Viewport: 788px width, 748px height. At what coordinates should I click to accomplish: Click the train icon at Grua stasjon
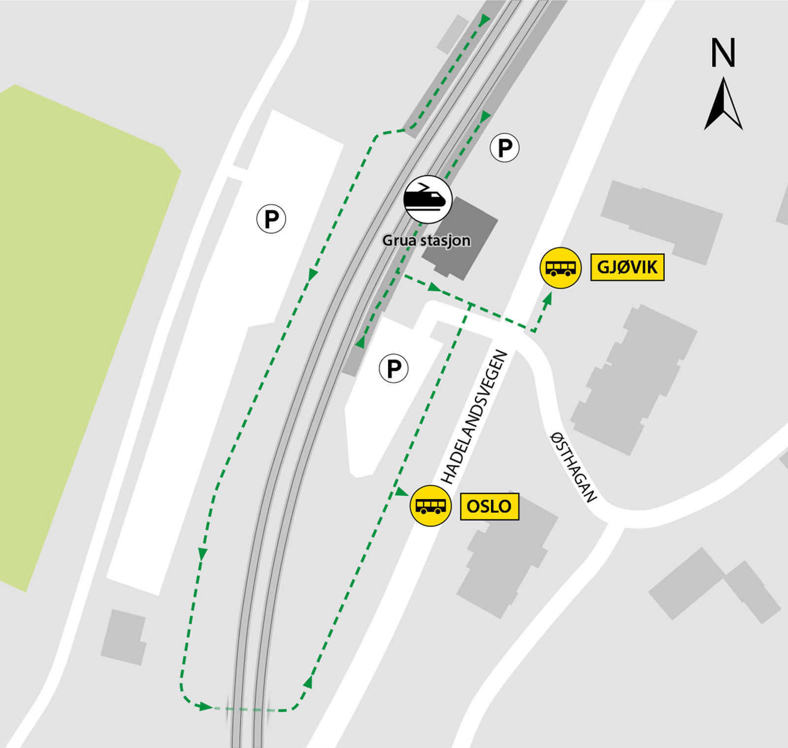[x=427, y=200]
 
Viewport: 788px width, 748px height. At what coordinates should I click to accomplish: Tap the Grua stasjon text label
[x=427, y=241]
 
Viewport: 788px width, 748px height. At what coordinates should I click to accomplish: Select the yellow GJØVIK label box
[x=627, y=268]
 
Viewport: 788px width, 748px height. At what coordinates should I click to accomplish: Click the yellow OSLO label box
[x=489, y=506]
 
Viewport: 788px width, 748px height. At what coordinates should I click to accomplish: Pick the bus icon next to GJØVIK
[x=560, y=268]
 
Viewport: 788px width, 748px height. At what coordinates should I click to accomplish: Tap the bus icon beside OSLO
[x=431, y=506]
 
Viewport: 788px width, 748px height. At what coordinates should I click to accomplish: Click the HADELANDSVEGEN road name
[x=474, y=417]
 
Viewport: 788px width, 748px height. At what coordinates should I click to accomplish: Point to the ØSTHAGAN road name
[x=573, y=467]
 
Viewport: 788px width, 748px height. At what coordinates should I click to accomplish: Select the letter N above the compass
[x=723, y=53]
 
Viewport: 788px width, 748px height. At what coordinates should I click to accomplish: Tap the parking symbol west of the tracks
[x=271, y=218]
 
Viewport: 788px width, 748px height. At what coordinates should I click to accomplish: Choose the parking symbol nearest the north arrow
[x=505, y=147]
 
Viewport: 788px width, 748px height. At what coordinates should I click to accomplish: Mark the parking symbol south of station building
[x=394, y=368]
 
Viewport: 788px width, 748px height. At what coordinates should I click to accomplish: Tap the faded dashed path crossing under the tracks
[x=244, y=710]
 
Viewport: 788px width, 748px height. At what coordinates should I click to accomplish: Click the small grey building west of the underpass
[x=124, y=637]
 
